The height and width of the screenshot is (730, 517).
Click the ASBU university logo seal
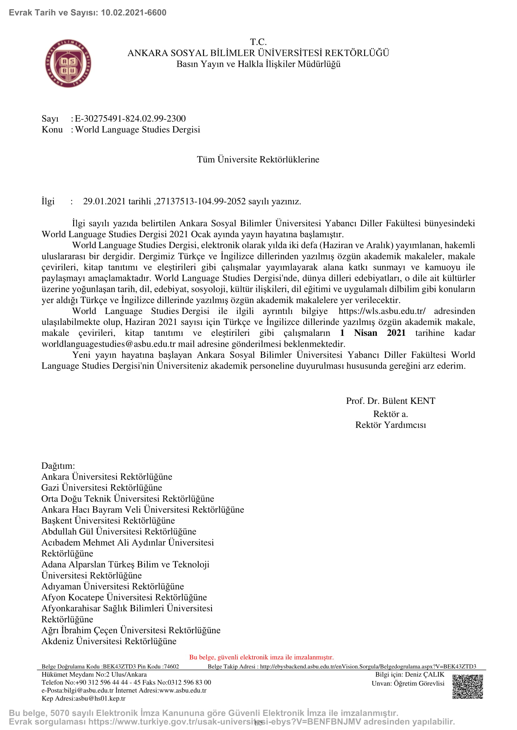[x=68, y=64]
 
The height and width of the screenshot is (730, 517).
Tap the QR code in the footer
[x=467, y=687]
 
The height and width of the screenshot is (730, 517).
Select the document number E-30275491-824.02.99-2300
[x=130, y=119]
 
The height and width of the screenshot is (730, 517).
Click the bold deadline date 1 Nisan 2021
[x=373, y=333]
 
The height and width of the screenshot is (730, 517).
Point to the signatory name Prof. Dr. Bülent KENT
[x=390, y=401]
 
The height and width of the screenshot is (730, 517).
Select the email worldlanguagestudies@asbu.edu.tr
[x=108, y=344]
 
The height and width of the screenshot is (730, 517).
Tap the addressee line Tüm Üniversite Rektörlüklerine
[x=258, y=159]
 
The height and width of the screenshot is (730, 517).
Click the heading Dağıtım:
[x=58, y=466]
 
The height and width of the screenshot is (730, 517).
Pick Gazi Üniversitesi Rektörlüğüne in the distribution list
[x=102, y=488]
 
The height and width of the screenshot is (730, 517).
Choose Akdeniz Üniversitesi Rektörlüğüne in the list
[x=109, y=641]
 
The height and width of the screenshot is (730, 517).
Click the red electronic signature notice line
[x=261, y=657]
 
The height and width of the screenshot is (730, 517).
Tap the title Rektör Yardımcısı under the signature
[x=390, y=425]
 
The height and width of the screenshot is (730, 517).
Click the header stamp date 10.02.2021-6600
[x=133, y=13]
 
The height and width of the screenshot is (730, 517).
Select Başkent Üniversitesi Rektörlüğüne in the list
[x=108, y=521]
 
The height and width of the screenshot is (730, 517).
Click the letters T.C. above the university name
[x=258, y=42]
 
